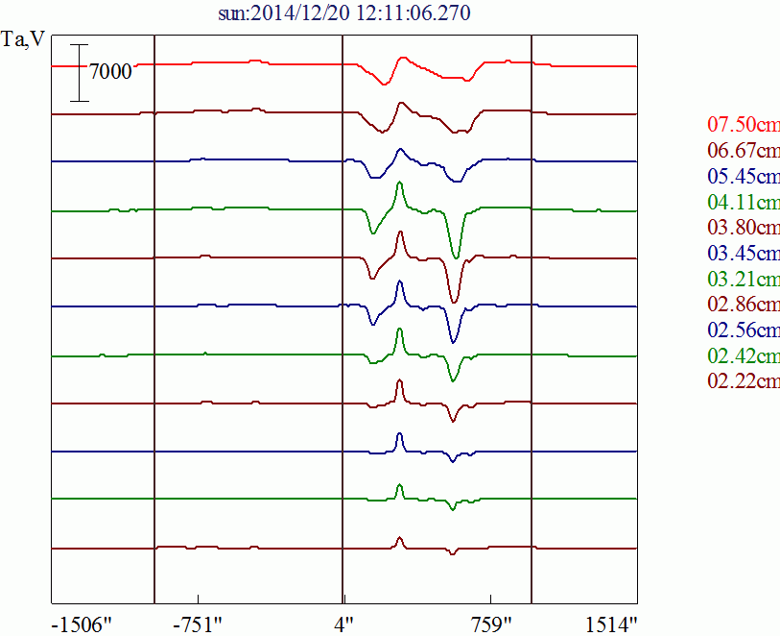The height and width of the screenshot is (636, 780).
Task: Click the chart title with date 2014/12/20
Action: (344, 12)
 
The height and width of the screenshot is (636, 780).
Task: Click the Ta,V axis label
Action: (23, 43)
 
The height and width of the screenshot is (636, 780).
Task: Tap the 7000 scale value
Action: (109, 72)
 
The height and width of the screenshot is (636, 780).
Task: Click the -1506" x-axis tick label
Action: (82, 624)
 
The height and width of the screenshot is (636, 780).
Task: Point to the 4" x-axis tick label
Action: (343, 624)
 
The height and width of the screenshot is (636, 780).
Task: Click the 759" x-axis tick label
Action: (490, 624)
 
